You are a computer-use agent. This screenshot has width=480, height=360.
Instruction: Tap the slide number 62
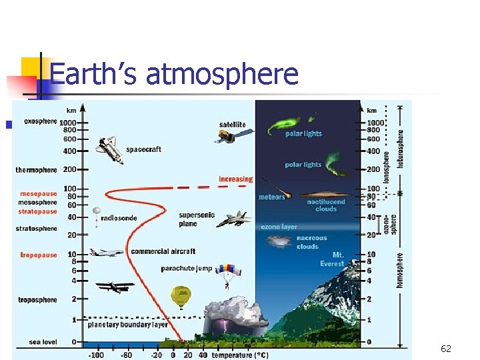446,349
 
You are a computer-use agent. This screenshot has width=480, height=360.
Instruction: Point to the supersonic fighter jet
233,219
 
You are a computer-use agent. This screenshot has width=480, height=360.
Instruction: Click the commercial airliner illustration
106,253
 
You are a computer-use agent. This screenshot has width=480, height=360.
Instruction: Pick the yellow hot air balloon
181,296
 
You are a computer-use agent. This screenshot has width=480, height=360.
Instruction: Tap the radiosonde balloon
97,213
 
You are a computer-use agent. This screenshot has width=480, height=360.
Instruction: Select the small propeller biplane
114,287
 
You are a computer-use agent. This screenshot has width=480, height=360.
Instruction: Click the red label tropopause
39,255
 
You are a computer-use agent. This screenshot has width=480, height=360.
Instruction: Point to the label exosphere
40,122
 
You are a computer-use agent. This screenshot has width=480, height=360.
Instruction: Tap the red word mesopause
39,194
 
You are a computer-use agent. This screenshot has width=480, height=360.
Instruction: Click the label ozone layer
279,227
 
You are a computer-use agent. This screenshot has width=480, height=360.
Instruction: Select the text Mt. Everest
332,259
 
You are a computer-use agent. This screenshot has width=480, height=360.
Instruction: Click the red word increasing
236,179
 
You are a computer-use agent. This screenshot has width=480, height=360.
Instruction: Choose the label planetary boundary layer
128,325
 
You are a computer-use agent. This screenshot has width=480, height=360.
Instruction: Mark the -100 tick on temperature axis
97,355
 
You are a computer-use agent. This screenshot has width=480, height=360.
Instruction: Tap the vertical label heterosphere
401,148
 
